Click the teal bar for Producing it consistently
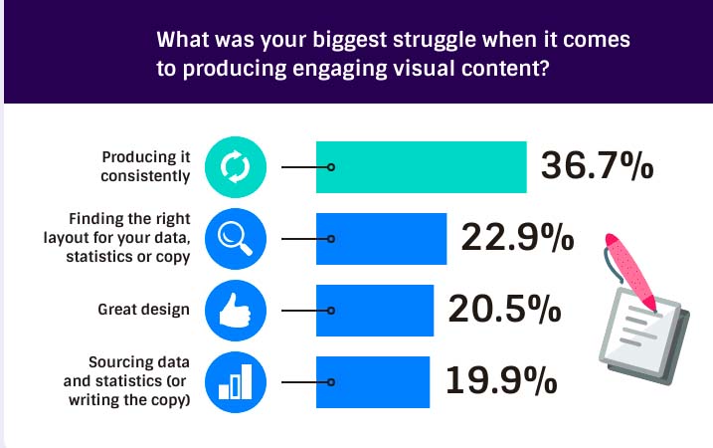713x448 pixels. pyautogui.click(x=421, y=167)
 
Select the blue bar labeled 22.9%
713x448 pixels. pyautogui.click(x=381, y=239)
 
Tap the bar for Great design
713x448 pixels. pyautogui.click(x=375, y=311)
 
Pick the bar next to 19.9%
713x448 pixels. pyautogui.click(x=373, y=382)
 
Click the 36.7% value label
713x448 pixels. pyautogui.click(x=597, y=165)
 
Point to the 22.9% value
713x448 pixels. pyautogui.click(x=517, y=237)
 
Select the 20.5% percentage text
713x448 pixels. pyautogui.click(x=504, y=309)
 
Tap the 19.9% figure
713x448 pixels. pyautogui.click(x=501, y=380)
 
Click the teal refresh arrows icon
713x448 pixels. pyautogui.click(x=236, y=167)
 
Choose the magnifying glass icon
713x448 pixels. pyautogui.click(x=236, y=239)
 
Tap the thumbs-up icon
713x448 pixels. pyautogui.click(x=236, y=311)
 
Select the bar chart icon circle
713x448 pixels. pyautogui.click(x=236, y=382)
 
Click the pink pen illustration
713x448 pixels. pyautogui.click(x=629, y=272)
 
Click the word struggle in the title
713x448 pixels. pyautogui.click(x=434, y=41)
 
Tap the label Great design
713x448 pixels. pyautogui.click(x=143, y=310)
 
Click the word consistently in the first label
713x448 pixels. pyautogui.click(x=145, y=176)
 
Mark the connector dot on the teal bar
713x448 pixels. pyautogui.click(x=331, y=167)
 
